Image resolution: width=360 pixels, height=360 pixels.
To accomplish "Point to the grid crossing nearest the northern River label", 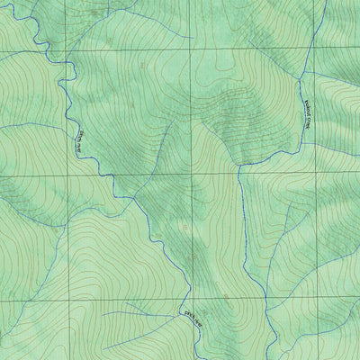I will pyautogui.click(x=67, y=175).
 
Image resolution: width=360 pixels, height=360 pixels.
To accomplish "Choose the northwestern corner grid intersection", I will pyautogui.click(x=67, y=52).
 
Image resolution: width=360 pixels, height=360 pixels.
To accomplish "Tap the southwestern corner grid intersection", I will pyautogui.click(x=67, y=301).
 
